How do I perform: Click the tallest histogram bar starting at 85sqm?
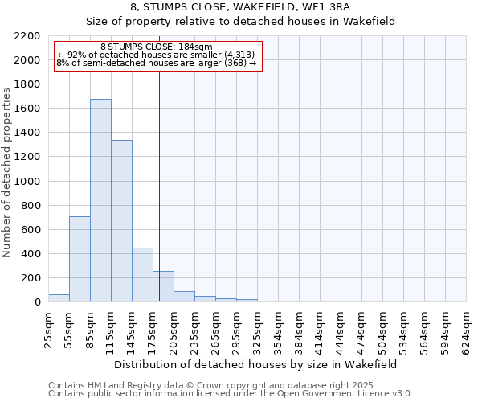coord(100,201)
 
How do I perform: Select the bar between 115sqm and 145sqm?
coord(121,221)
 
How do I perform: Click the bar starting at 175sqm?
coord(163,286)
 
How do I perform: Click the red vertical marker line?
coord(159,169)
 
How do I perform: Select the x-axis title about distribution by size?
coord(255,364)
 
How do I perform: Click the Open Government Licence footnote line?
coord(230,394)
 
